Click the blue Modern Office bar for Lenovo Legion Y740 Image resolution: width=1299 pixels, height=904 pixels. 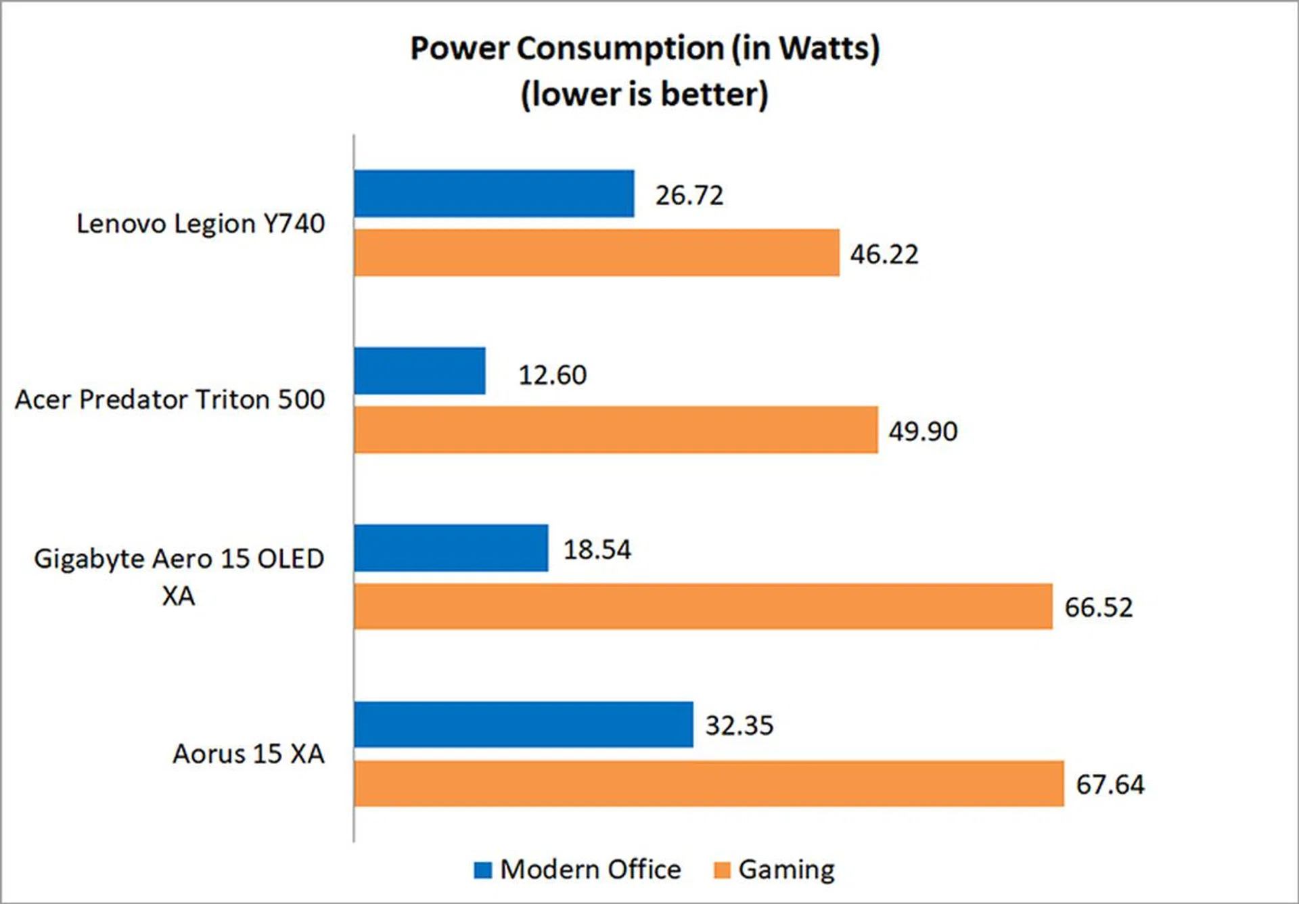(494, 194)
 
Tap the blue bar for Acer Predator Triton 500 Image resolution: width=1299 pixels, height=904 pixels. (419, 371)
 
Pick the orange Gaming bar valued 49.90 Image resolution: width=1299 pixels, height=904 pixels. (616, 430)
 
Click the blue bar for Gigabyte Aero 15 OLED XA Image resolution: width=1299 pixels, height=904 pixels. (451, 548)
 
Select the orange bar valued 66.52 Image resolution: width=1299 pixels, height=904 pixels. (703, 606)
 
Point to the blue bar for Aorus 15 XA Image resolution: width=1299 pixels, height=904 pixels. (523, 725)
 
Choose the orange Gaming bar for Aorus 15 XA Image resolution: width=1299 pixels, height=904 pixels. (708, 784)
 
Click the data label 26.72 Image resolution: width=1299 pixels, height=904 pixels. (689, 196)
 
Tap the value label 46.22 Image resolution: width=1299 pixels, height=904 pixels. (884, 254)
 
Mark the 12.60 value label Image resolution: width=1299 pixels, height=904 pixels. (552, 375)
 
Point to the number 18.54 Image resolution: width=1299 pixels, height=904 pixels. (597, 549)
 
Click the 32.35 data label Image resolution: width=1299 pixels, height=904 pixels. (739, 725)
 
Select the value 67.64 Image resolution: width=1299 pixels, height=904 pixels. (1110, 784)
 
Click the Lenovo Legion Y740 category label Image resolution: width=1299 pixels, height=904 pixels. (200, 223)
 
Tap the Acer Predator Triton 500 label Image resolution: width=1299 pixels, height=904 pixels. (170, 399)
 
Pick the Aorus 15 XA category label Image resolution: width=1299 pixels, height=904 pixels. (248, 754)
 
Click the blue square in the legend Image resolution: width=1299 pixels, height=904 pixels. (483, 870)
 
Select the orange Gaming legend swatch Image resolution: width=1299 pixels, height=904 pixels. (722, 870)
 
